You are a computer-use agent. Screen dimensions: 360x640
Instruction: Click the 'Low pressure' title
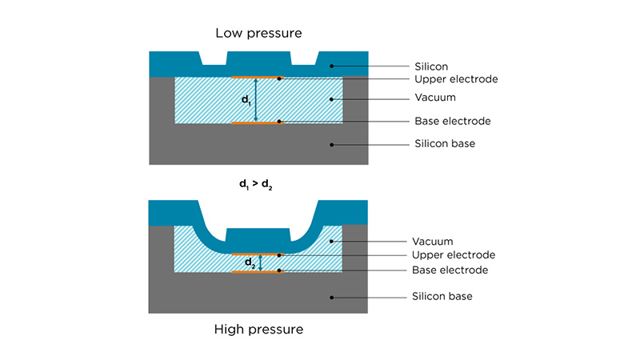tap(258, 33)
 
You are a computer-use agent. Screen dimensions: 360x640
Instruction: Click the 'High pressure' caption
tap(259, 328)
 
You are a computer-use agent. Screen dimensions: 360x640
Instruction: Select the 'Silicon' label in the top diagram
tap(433, 66)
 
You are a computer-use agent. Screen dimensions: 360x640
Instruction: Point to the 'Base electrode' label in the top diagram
tap(452, 122)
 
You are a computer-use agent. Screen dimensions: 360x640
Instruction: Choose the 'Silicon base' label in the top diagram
tap(444, 145)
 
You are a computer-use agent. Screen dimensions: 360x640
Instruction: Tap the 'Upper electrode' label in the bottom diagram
tap(454, 255)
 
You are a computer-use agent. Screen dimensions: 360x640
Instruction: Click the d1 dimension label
tap(246, 100)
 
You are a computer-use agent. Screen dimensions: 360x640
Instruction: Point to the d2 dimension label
tap(250, 262)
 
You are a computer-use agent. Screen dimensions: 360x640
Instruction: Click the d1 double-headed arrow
tap(256, 100)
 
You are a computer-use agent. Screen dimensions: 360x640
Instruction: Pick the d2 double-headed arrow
tap(259, 262)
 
